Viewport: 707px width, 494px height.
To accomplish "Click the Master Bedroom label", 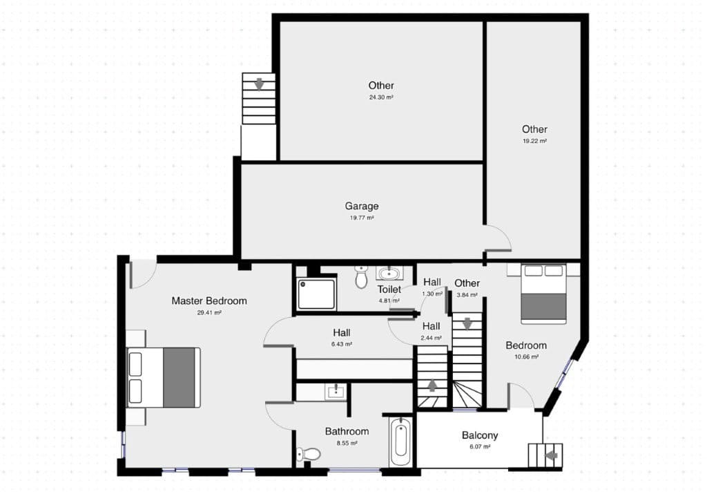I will click(209, 301).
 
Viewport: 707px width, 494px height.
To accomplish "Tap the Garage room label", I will click(362, 206).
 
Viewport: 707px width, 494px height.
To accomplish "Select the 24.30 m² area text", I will click(381, 98).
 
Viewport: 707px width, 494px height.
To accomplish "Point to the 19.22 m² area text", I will click(534, 141).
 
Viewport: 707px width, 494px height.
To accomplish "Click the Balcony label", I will click(480, 435).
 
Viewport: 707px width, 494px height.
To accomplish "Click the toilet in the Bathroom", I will click(308, 454).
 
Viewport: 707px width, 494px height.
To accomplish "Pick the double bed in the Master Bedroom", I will click(164, 377).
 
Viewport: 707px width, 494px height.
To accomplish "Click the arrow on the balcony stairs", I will click(551, 455).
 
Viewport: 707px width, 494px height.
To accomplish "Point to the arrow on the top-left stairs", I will click(260, 84).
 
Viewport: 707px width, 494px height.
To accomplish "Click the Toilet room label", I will click(389, 289).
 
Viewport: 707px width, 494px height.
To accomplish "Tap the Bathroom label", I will click(347, 431).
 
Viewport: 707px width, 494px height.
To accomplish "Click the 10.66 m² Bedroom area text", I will click(526, 357).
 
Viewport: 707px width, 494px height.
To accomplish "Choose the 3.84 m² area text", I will click(467, 294).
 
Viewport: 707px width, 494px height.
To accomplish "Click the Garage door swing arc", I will click(498, 238).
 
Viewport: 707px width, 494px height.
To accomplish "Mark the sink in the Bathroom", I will click(336, 392).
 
